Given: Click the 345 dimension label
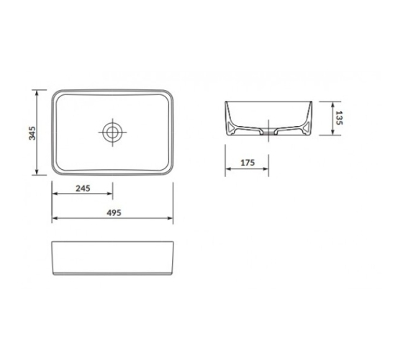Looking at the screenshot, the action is tap(32, 133).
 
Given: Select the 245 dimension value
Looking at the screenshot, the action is tap(83, 189).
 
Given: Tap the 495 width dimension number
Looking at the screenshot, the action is tap(114, 213).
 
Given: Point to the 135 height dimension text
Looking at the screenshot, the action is tap(339, 118).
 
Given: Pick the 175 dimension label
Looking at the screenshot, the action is tap(248, 163).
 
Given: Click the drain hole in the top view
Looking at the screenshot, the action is tap(112, 132).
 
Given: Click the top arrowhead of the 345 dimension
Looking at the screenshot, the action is tap(37, 93).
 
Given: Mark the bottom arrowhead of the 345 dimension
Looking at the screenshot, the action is tap(37, 172).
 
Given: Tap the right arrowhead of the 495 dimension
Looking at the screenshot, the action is tap(170, 218).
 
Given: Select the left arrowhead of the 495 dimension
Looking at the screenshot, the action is tap(55, 218).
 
